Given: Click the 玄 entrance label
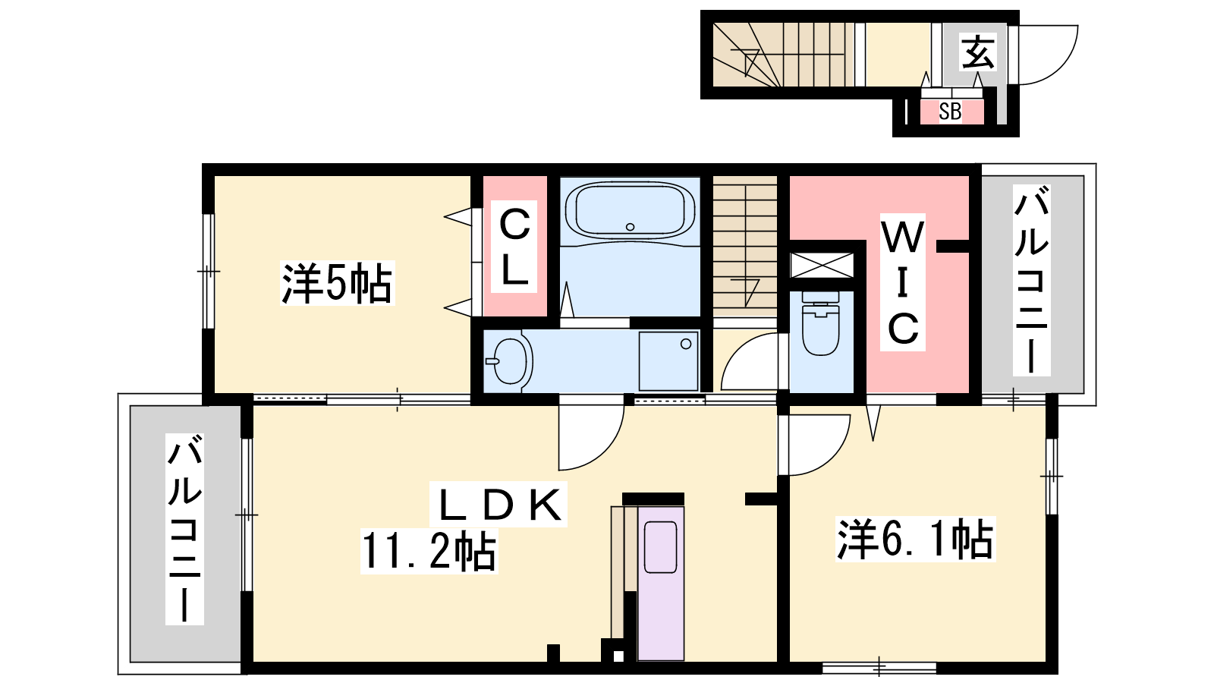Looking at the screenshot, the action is pyautogui.click(x=978, y=52).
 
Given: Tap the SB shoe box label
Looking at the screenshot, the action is pyautogui.click(x=950, y=112).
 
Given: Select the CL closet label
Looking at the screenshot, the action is pyautogui.click(x=514, y=247).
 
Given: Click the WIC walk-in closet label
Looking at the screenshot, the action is pyautogui.click(x=902, y=282).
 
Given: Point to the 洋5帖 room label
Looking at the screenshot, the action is pyautogui.click(x=337, y=283).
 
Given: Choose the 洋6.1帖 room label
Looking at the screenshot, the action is pyautogui.click(x=915, y=539).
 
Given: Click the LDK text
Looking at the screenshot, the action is pyautogui.click(x=498, y=505).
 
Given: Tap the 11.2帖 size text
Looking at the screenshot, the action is pyautogui.click(x=429, y=551).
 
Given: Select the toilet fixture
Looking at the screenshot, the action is pyautogui.click(x=820, y=323).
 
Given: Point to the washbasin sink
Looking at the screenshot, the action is pyautogui.click(x=508, y=361).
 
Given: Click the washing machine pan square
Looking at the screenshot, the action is pyautogui.click(x=668, y=361).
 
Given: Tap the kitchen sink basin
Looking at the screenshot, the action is pyautogui.click(x=661, y=547).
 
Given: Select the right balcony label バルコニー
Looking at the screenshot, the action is pyautogui.click(x=1031, y=280).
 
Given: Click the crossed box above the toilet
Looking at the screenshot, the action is pyautogui.click(x=822, y=266).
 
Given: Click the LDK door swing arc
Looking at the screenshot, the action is pyautogui.click(x=606, y=449).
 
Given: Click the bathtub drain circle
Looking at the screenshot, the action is pyautogui.click(x=630, y=227).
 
